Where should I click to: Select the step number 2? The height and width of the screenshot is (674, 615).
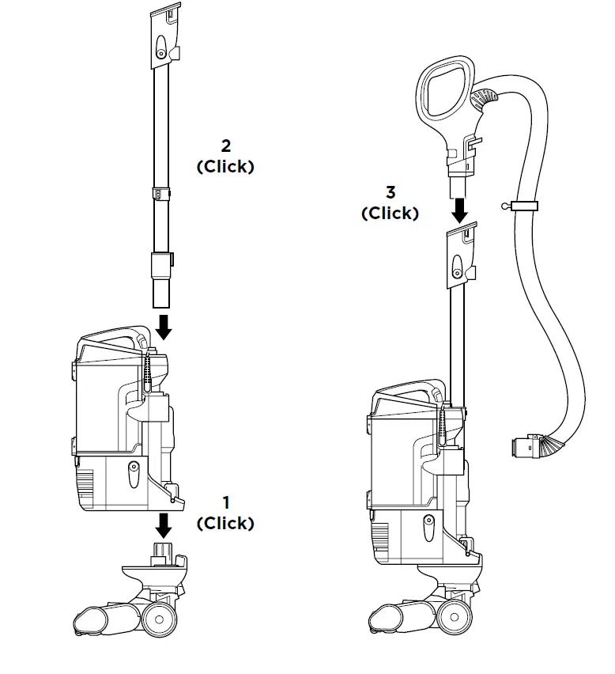(226, 146)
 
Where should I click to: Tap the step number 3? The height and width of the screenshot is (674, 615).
(391, 192)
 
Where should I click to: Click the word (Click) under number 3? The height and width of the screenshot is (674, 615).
(391, 214)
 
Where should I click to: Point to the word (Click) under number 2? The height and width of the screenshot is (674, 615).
(226, 167)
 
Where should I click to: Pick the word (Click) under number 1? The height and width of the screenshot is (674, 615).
(226, 524)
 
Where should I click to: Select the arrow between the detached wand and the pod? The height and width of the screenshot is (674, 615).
(163, 325)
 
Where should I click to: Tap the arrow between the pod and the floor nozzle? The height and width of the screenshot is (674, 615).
(163, 523)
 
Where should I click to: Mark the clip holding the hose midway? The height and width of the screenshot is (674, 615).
(524, 206)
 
